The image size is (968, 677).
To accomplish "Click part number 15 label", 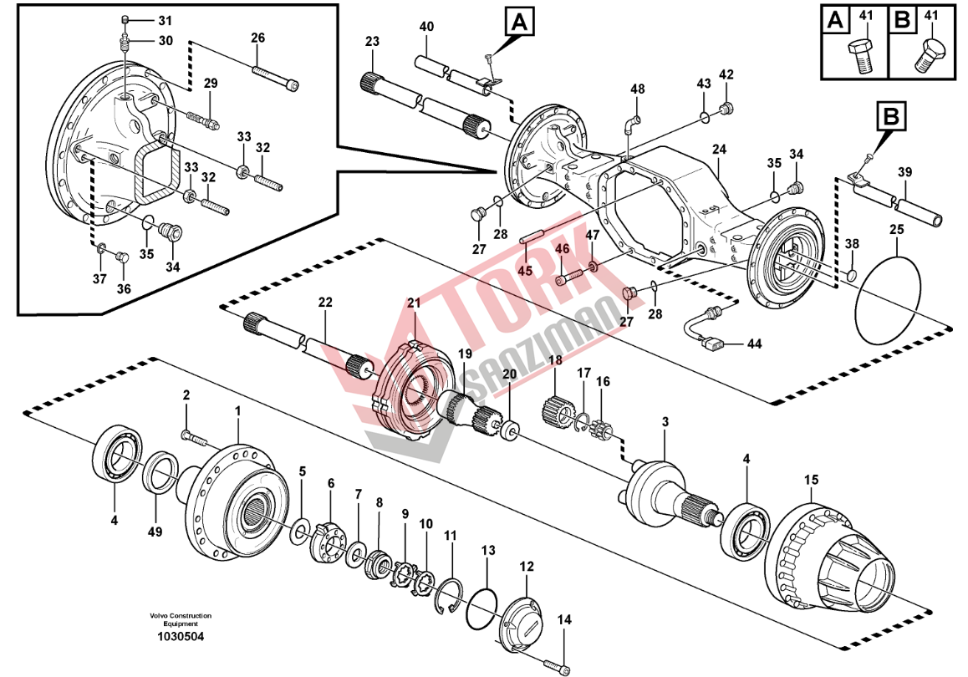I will (x=810, y=480).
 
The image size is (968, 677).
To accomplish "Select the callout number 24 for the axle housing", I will (x=720, y=150).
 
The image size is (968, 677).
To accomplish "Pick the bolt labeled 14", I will (x=557, y=665).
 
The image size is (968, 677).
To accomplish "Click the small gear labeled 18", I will (x=557, y=410).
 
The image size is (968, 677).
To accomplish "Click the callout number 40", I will (x=426, y=27).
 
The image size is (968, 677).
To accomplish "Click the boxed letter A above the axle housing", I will (x=519, y=23).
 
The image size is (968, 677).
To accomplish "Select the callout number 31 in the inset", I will (x=164, y=20).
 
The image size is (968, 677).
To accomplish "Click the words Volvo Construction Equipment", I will (x=181, y=619).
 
